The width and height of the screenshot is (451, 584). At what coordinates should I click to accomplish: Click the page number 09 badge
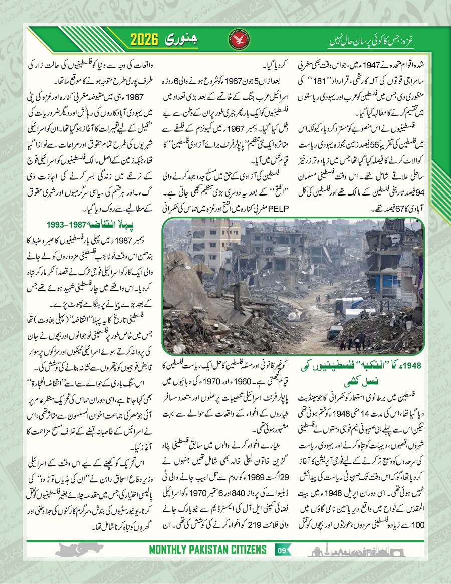(x=281, y=565)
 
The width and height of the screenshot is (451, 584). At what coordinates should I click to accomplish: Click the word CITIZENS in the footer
(x=250, y=565)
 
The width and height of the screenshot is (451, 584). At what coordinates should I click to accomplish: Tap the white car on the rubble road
(x=335, y=331)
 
